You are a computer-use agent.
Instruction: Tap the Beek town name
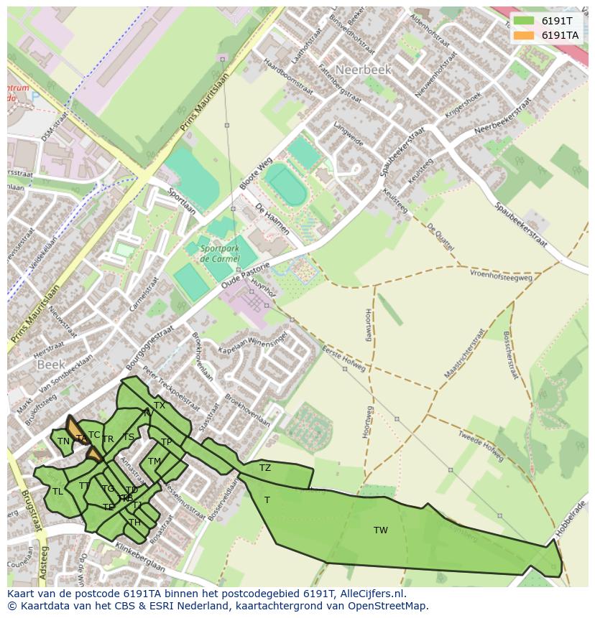(51, 365)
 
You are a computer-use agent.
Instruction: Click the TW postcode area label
(380, 530)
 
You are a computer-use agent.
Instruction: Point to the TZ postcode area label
(265, 468)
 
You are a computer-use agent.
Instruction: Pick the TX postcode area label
(160, 406)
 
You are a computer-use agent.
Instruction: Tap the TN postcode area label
(63, 441)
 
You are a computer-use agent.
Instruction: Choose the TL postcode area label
(57, 492)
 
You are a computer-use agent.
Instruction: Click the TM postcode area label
(154, 462)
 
